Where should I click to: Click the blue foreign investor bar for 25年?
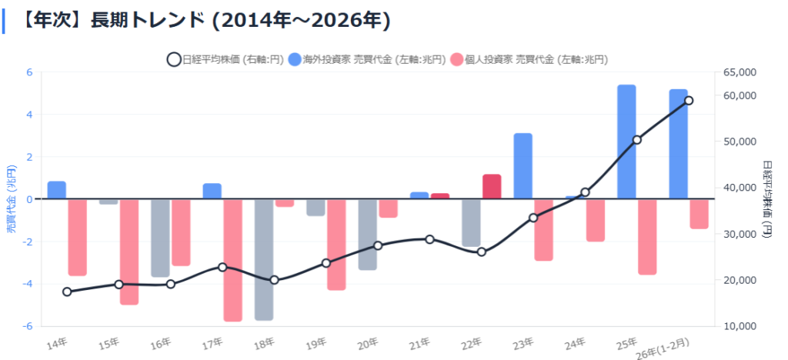[x=626, y=142]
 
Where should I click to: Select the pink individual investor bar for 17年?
[x=233, y=260]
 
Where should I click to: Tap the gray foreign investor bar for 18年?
[x=264, y=259]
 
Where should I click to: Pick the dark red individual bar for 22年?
[x=492, y=187]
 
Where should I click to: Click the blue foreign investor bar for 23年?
[x=523, y=166]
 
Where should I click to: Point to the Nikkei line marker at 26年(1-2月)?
[x=689, y=101]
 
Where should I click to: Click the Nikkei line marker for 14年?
[x=67, y=292]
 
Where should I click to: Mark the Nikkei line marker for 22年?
[x=482, y=252]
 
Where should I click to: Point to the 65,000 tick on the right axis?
[x=742, y=72]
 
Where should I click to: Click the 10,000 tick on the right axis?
[x=742, y=326]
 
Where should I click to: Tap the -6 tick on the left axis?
[x=28, y=326]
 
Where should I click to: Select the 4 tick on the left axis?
[x=30, y=115]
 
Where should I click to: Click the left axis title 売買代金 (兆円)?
[x=10, y=200]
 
